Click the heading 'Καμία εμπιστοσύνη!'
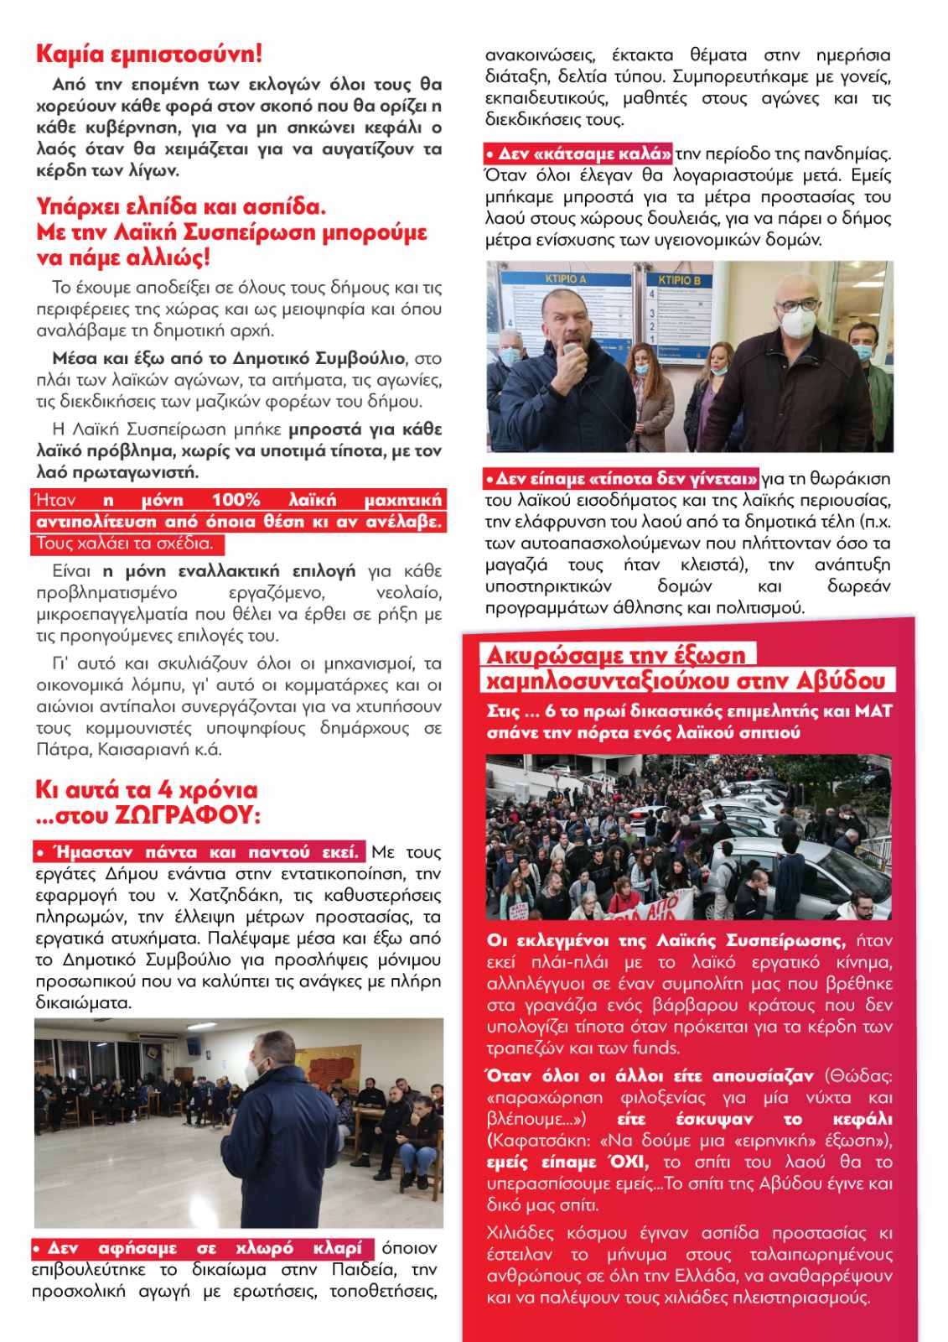(149, 54)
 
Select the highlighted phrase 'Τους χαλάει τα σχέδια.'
(124, 544)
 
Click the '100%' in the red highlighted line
(236, 501)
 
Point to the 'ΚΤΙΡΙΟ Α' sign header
(566, 278)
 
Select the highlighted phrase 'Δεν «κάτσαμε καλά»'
(579, 153)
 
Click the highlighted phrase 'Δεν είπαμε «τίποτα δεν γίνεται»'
(622, 479)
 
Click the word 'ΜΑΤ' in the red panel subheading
(873, 711)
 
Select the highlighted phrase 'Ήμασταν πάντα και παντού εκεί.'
(198, 852)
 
